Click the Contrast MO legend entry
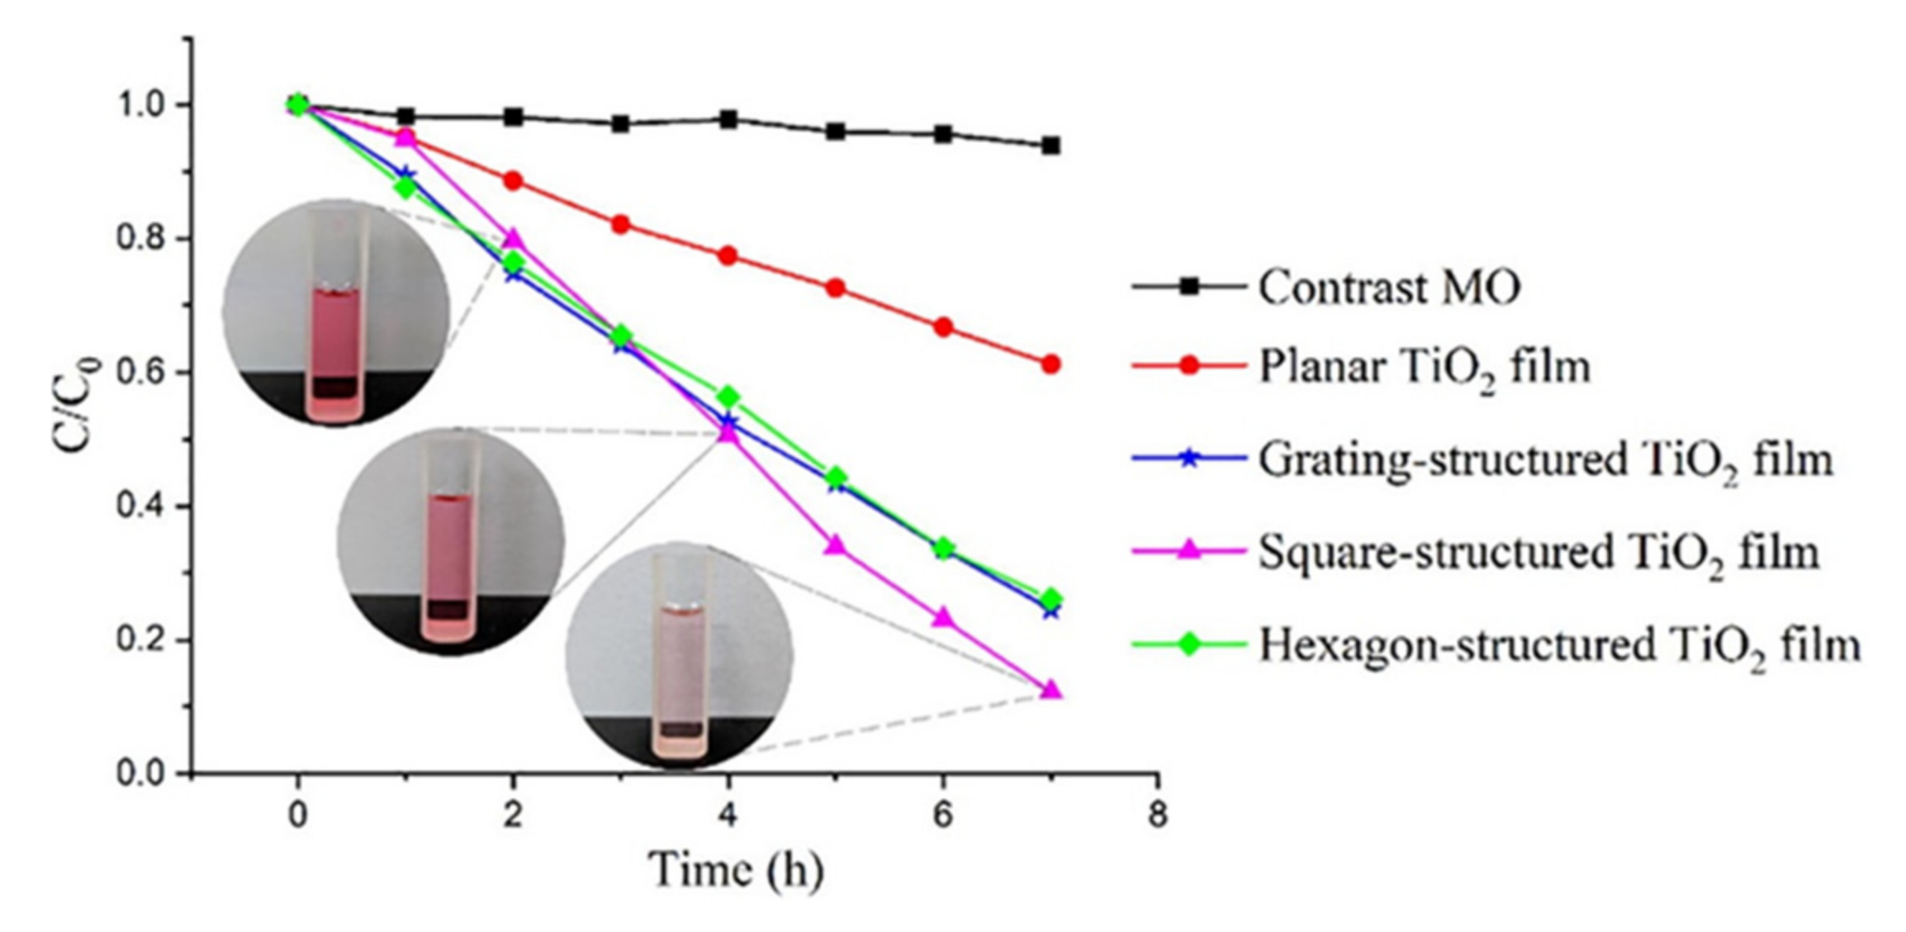tap(1388, 288)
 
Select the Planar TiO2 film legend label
tap(1424, 367)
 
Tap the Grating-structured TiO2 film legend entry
tap(1544, 459)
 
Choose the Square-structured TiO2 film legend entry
tap(1538, 552)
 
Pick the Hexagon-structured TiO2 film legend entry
tap(1559, 645)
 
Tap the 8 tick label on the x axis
tap(1158, 815)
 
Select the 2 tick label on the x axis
tap(513, 815)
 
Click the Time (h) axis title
tap(735, 871)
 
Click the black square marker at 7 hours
tap(1050, 146)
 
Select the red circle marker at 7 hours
tap(1050, 364)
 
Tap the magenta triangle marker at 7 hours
tap(1050, 690)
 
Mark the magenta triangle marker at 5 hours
tap(836, 545)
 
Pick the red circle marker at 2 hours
tap(513, 181)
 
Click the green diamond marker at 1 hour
tap(405, 188)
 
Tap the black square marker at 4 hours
tap(728, 120)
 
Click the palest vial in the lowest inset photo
tap(680, 678)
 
